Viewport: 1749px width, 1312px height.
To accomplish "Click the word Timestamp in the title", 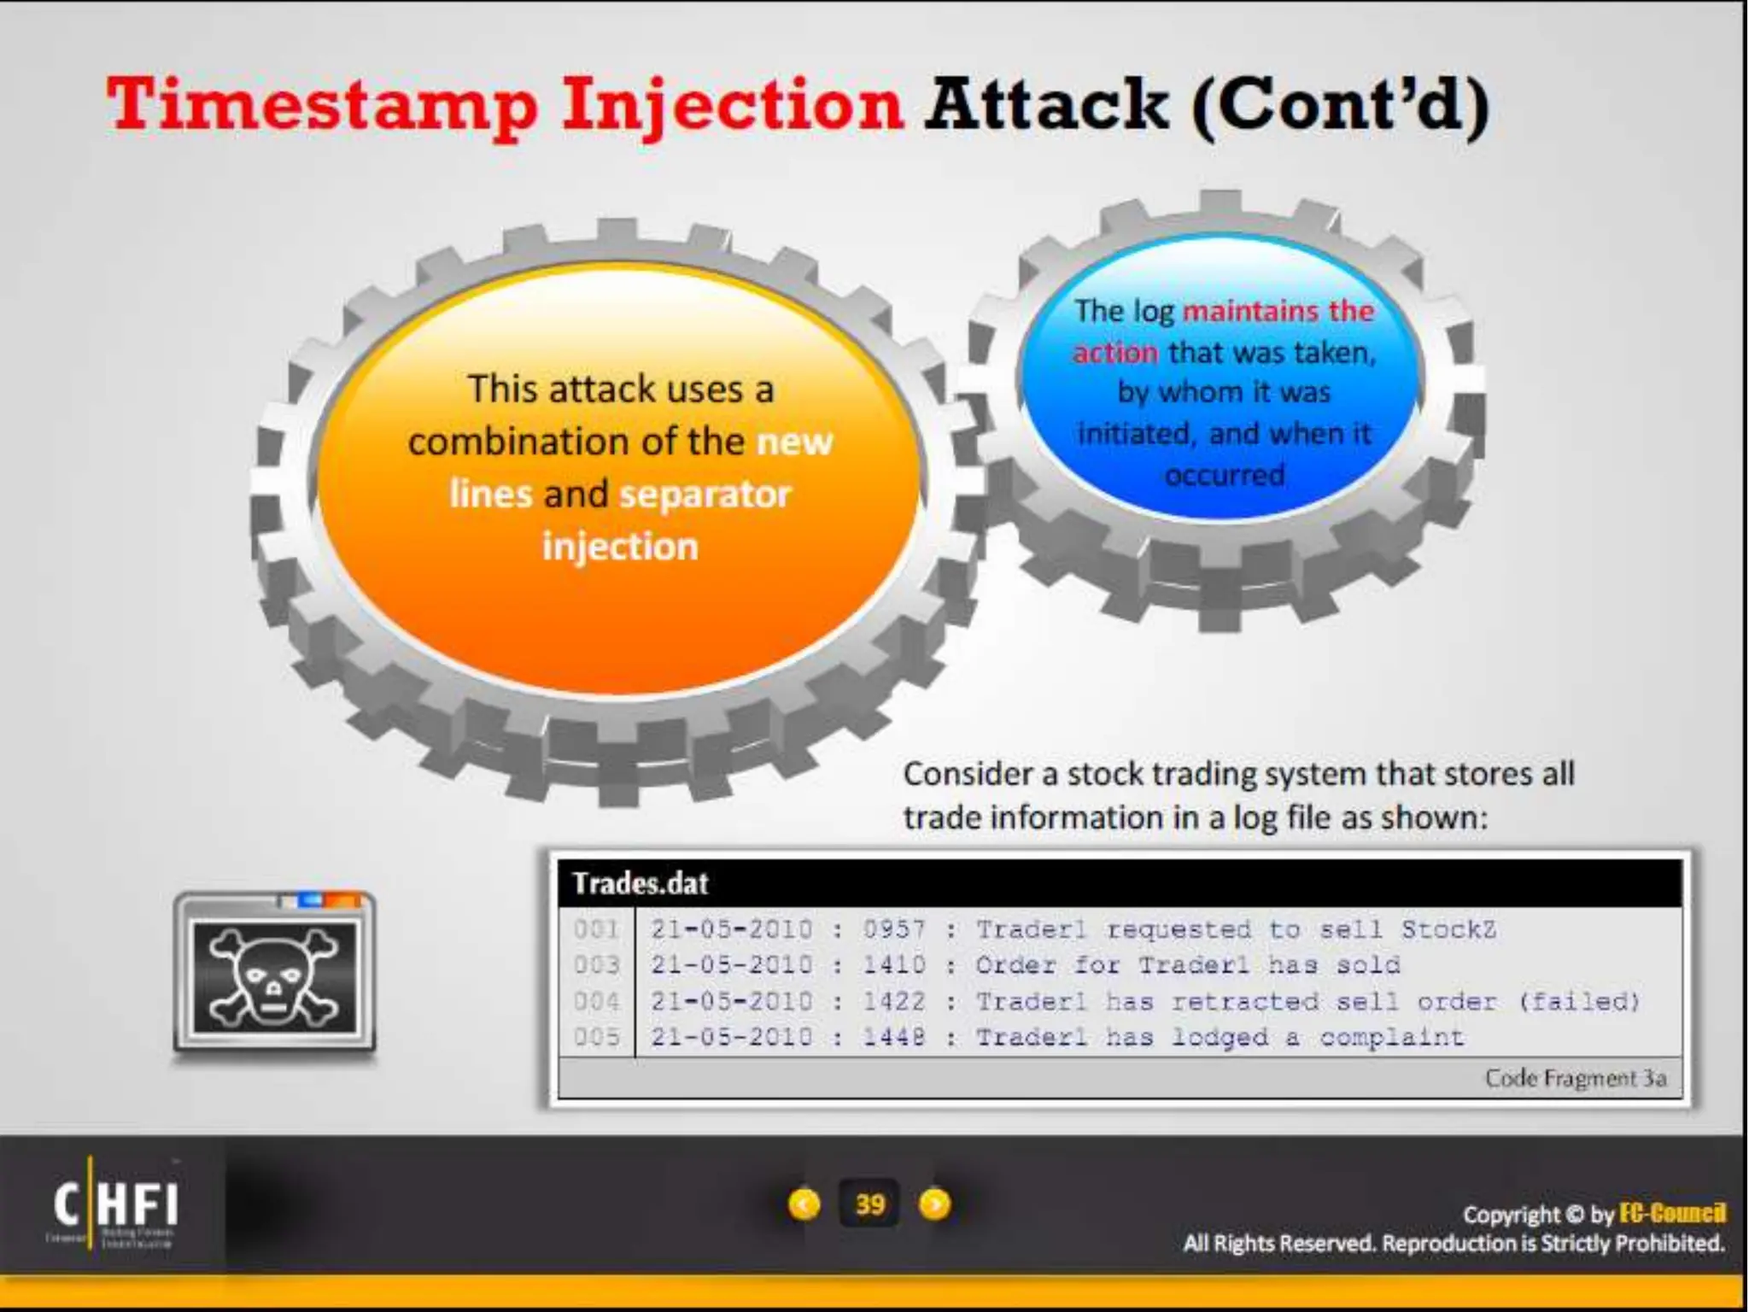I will coord(322,106).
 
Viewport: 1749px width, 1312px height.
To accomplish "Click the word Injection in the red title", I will coord(732,106).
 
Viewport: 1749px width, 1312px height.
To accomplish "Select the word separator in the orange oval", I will coord(705,494).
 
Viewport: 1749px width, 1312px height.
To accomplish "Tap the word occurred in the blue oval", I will coord(1225,475).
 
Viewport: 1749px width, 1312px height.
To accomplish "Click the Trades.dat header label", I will coord(640,883).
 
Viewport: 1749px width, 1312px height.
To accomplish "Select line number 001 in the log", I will coord(596,929).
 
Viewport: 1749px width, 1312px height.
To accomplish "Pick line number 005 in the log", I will coord(596,1037).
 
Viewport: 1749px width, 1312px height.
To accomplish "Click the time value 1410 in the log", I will coord(893,965).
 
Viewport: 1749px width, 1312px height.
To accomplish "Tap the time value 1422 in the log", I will coord(893,1001).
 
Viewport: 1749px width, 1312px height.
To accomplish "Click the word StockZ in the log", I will coord(1448,929).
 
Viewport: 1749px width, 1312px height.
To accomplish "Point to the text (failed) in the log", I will coord(1580,1001).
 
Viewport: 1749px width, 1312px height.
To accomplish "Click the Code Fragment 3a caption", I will coord(1575,1079).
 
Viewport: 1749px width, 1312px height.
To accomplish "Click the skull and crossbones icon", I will coord(274,976).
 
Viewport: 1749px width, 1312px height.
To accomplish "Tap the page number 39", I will coord(869,1204).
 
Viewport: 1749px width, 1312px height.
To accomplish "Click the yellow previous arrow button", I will coord(804,1204).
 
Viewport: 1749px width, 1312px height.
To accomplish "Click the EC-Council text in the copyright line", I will coord(1671,1213).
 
